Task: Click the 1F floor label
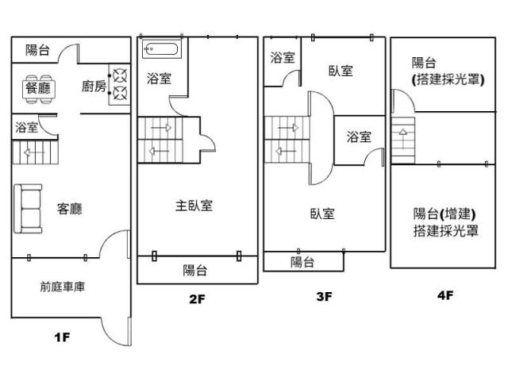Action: tap(63, 337)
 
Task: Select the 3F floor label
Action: tap(323, 297)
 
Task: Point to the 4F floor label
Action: tap(444, 295)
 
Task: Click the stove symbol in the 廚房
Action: tap(120, 86)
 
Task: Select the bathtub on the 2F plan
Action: tap(162, 50)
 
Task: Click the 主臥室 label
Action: tap(194, 206)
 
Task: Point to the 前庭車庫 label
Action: tap(63, 287)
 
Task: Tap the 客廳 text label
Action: tap(70, 210)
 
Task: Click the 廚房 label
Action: tap(94, 87)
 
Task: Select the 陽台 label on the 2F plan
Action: tap(195, 270)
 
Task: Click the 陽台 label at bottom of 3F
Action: tap(302, 262)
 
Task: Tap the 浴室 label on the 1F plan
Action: tap(26, 127)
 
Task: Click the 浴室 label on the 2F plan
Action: tap(159, 79)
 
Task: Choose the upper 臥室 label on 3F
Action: tap(341, 71)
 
